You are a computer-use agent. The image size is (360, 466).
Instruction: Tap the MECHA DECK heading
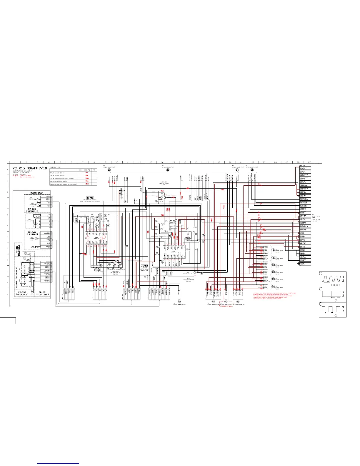click(x=37, y=193)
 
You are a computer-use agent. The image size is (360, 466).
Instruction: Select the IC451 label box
click(x=90, y=198)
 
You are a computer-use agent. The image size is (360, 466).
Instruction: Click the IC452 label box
click(x=144, y=266)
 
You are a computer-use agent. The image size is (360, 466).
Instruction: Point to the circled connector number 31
click(x=109, y=170)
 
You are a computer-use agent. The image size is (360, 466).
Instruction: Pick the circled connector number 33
click(x=168, y=170)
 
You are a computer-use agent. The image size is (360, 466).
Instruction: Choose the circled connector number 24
click(x=237, y=170)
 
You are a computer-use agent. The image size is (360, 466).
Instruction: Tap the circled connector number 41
click(x=213, y=302)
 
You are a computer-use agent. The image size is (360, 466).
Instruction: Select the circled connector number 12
click(x=273, y=265)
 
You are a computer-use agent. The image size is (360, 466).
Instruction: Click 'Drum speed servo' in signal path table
click(x=58, y=173)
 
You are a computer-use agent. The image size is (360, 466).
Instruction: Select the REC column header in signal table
click(x=80, y=170)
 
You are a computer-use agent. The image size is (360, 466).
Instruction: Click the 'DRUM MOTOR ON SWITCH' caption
click(x=115, y=273)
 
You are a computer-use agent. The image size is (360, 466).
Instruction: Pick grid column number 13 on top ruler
click(x=151, y=162)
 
